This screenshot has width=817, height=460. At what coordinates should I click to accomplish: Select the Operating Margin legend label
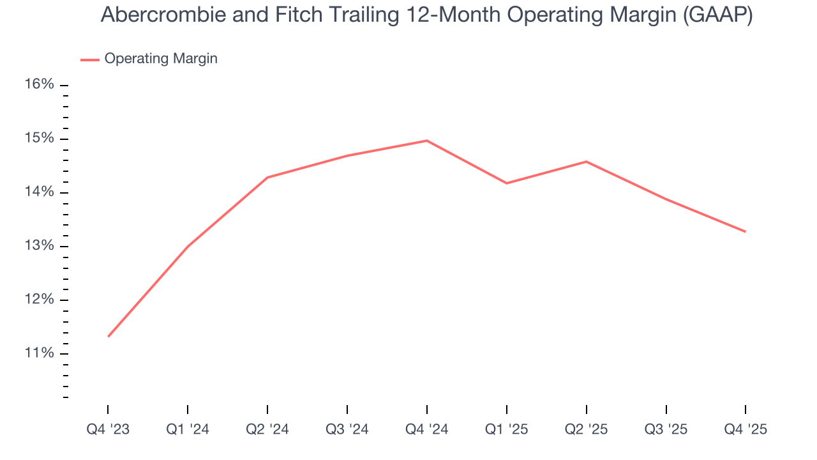click(x=161, y=59)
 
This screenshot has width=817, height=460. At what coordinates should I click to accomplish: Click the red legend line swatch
click(x=89, y=59)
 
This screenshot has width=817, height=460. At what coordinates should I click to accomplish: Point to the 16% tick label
click(x=40, y=85)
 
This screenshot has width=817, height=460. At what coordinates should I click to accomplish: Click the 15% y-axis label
click(x=40, y=139)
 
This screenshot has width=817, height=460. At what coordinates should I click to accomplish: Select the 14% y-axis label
click(x=40, y=192)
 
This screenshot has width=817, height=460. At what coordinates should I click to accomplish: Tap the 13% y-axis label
click(x=40, y=247)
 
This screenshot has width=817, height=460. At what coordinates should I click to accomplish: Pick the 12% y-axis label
click(x=40, y=300)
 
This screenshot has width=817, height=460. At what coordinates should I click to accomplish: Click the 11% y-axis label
click(x=40, y=354)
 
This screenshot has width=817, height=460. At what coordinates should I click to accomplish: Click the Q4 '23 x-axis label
click(x=108, y=429)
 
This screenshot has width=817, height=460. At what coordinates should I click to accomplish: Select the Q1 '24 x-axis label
click(x=188, y=429)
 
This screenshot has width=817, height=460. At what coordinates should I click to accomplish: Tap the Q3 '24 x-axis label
click(x=347, y=429)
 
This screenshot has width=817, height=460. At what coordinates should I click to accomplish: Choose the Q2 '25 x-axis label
click(x=587, y=429)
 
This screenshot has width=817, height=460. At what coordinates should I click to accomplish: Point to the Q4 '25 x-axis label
click(x=746, y=429)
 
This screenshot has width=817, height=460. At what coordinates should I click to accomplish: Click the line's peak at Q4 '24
click(x=427, y=141)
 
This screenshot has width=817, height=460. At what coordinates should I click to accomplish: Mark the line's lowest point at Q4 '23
click(x=109, y=336)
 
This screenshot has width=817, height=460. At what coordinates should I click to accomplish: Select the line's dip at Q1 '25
click(x=507, y=183)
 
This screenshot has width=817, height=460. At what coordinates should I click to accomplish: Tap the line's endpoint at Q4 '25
click(x=745, y=231)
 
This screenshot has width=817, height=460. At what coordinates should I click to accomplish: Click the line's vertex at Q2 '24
click(x=267, y=178)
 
